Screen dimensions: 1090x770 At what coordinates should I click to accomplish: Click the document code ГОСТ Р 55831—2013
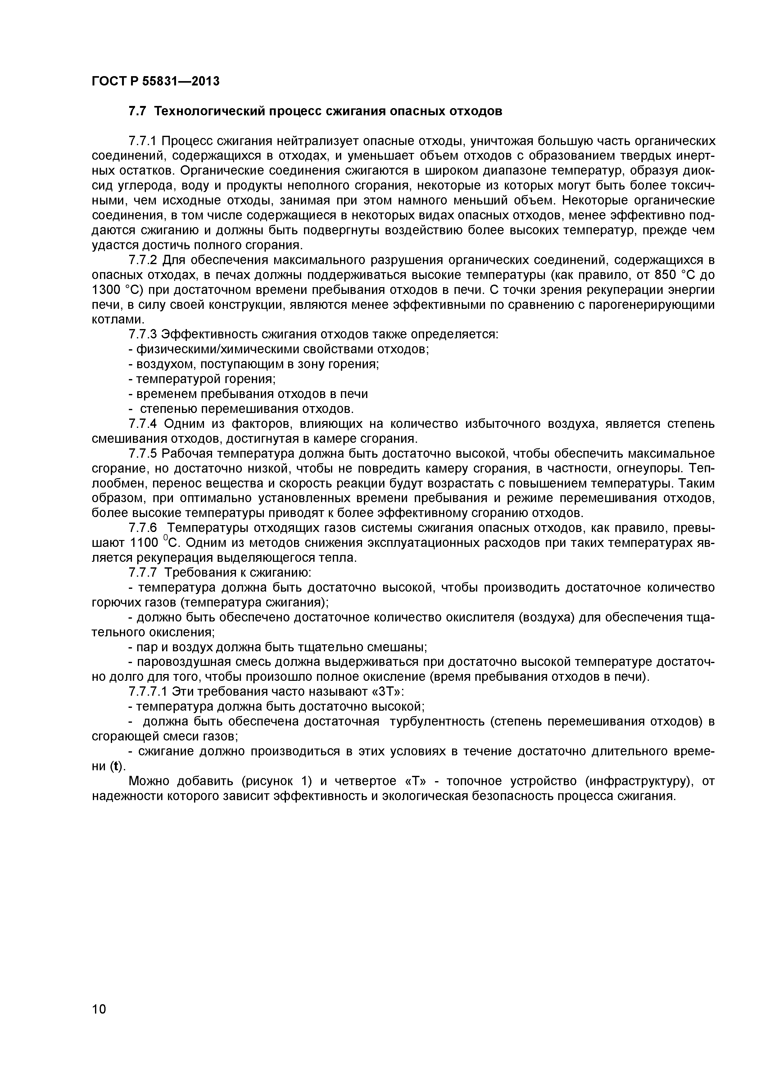tap(156, 81)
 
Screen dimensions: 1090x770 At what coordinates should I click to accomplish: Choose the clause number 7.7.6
tap(143, 528)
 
